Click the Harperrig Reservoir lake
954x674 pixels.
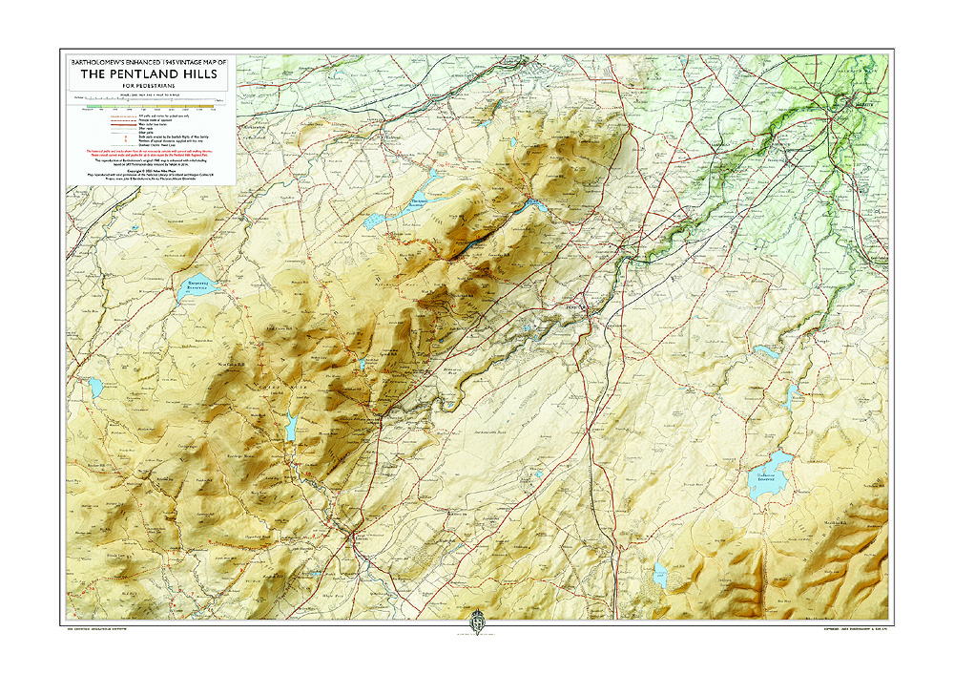195,285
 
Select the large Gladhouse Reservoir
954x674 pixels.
769,469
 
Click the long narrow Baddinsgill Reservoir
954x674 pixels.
291,426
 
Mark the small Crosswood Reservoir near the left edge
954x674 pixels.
95,386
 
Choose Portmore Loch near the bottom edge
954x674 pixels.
659,573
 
